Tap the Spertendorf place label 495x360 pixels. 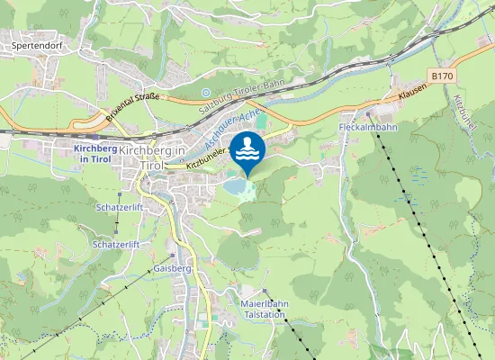pos(35,42)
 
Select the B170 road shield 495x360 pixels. pos(442,76)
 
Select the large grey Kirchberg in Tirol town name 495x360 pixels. pos(153,157)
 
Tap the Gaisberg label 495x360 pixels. pos(172,268)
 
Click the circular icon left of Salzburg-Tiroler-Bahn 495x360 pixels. pos(206,92)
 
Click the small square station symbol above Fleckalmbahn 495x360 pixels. pos(368,115)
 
